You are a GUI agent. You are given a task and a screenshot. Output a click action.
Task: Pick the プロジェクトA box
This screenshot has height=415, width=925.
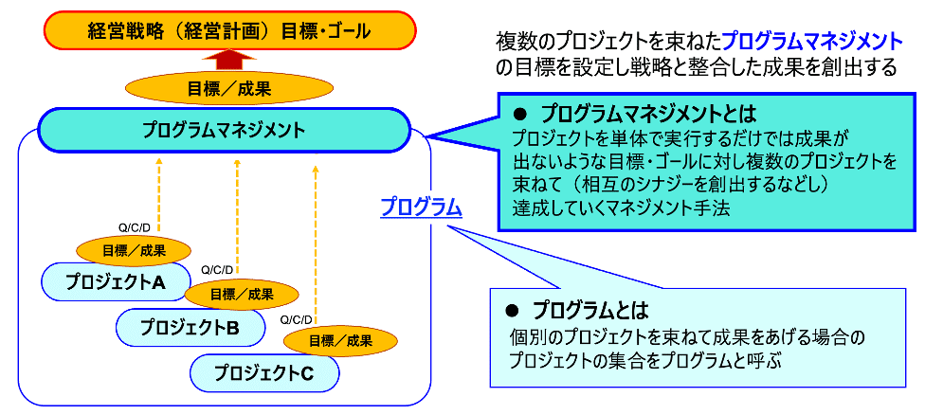104,281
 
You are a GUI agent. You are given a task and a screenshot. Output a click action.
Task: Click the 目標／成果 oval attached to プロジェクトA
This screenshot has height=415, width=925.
133,250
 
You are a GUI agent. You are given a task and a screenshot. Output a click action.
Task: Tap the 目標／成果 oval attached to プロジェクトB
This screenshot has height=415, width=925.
241,294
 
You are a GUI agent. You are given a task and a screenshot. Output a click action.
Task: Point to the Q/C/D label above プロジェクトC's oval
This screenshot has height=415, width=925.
296,319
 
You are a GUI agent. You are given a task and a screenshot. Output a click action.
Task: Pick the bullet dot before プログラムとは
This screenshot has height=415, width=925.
512,310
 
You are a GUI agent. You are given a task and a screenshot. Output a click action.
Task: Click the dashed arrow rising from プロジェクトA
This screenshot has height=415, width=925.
158,194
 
